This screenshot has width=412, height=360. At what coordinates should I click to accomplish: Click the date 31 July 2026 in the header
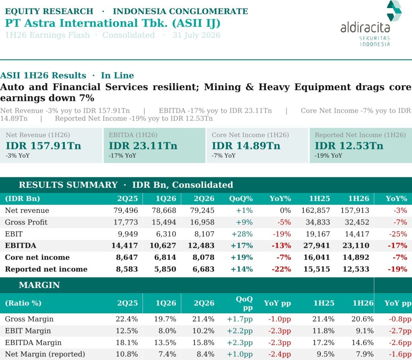(196, 35)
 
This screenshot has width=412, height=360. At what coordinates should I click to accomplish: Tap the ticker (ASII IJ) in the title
(196, 23)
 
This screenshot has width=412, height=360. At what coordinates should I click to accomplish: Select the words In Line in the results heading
(117, 75)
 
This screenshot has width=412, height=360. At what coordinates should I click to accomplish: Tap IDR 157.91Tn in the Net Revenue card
(43, 146)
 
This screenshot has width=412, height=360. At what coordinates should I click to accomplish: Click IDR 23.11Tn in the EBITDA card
(143, 146)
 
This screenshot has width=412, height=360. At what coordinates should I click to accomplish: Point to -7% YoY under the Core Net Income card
(224, 156)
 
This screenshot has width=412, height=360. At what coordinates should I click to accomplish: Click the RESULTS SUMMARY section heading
(68, 185)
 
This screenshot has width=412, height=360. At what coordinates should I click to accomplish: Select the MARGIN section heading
(39, 285)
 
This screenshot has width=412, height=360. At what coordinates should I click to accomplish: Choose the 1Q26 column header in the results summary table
(166, 199)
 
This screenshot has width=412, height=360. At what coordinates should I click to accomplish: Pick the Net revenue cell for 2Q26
(202, 210)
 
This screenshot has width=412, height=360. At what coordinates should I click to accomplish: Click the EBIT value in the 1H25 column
(318, 234)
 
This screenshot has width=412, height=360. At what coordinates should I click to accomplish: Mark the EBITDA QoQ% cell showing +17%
(241, 246)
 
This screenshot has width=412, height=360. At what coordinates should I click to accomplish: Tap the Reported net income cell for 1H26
(356, 269)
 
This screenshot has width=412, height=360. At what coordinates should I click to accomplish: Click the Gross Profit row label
(26, 222)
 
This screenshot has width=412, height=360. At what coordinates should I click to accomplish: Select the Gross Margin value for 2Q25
(127, 319)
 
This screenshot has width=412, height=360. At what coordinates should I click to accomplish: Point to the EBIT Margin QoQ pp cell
(240, 331)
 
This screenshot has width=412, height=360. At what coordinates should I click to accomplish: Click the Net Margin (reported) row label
(45, 354)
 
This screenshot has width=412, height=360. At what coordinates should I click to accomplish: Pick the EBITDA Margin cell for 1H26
(363, 343)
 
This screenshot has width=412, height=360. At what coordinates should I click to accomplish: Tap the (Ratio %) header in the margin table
(23, 303)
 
